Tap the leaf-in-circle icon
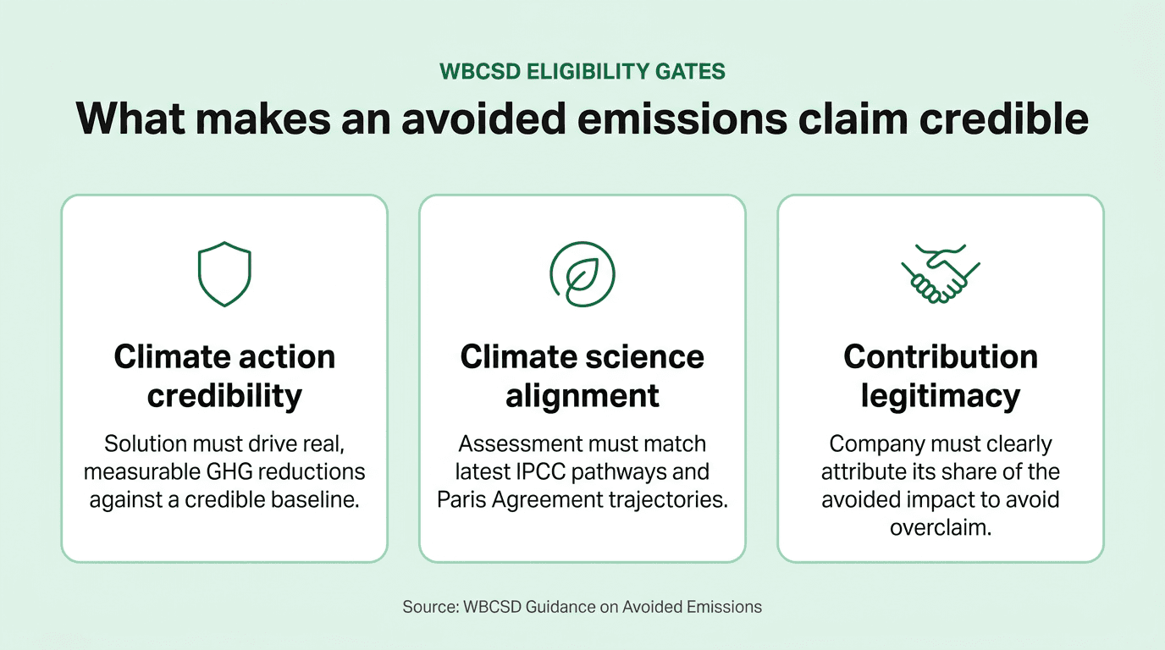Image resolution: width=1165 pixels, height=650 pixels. coord(582,274)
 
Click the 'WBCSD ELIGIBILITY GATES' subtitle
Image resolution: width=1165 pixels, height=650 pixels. coord(582,71)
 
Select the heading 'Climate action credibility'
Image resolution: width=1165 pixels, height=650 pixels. coord(224,376)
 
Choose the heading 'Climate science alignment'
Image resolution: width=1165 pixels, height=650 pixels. coord(582,376)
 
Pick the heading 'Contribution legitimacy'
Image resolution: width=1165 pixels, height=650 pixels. coord(941,376)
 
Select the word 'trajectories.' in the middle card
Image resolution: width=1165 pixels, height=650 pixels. coord(669,499)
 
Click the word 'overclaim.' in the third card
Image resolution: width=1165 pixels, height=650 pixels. coord(941,526)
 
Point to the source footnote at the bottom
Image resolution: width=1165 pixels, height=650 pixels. coord(582,607)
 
